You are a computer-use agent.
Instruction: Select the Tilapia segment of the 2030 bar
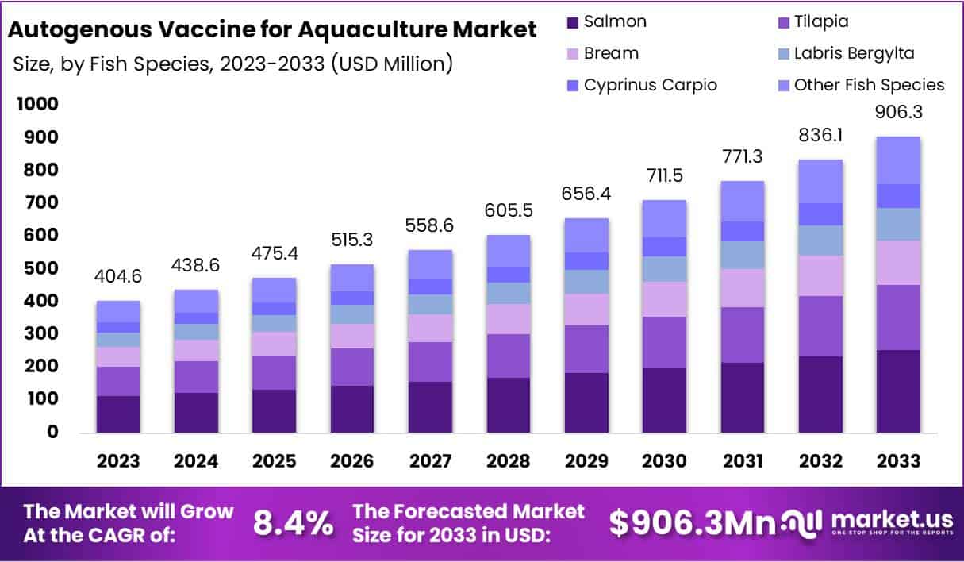(x=664, y=342)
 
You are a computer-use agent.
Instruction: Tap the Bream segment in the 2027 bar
(x=430, y=328)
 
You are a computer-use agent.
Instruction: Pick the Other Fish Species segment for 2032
(x=820, y=181)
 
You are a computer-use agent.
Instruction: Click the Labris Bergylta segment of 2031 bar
(x=742, y=255)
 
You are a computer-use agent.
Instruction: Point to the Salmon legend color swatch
(x=571, y=21)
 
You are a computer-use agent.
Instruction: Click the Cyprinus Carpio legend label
(x=650, y=85)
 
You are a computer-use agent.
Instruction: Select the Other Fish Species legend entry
(x=869, y=85)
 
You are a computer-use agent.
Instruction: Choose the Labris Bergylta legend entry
(x=854, y=53)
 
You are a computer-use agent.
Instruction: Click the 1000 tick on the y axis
(x=36, y=104)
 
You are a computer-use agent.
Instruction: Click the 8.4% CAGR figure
(x=293, y=523)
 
